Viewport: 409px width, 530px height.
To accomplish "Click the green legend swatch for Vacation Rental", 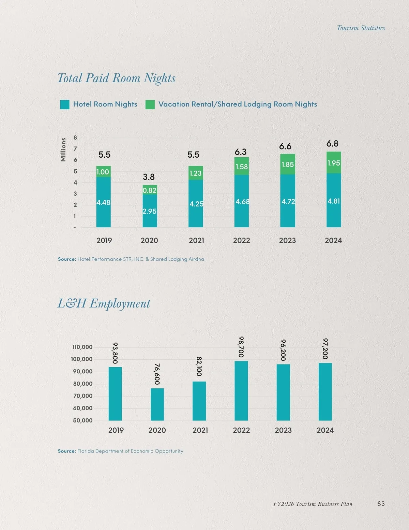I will point(150,104).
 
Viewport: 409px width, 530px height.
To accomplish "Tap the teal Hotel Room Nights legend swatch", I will point(65,104).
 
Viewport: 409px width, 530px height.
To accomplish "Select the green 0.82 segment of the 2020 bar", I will point(150,190).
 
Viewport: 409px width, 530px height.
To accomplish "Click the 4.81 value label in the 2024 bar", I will point(334,201).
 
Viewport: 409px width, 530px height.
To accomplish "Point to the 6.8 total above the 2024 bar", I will point(332,144).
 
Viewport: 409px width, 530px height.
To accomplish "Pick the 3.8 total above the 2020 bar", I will point(149,177).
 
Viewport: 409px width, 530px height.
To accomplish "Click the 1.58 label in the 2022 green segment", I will point(242,167).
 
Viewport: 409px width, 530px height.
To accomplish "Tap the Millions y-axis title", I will point(63,149).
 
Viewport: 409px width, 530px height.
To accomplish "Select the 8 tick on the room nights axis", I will point(75,138).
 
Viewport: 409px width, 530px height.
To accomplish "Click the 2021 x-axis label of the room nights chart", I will point(196,240).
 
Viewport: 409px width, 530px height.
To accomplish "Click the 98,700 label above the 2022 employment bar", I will point(241,347).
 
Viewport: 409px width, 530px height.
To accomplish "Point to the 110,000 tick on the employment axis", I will point(82,347).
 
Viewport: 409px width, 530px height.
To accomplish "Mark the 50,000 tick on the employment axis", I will point(82,420).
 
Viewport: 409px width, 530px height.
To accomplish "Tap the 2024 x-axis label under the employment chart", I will point(325,430).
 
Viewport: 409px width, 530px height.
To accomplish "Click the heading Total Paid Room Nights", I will point(116,78).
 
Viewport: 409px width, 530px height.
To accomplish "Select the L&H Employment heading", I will point(104,303).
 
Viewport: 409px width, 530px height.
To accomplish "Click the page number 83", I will point(381,504).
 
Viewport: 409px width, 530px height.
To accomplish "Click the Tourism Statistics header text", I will point(361,28).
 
